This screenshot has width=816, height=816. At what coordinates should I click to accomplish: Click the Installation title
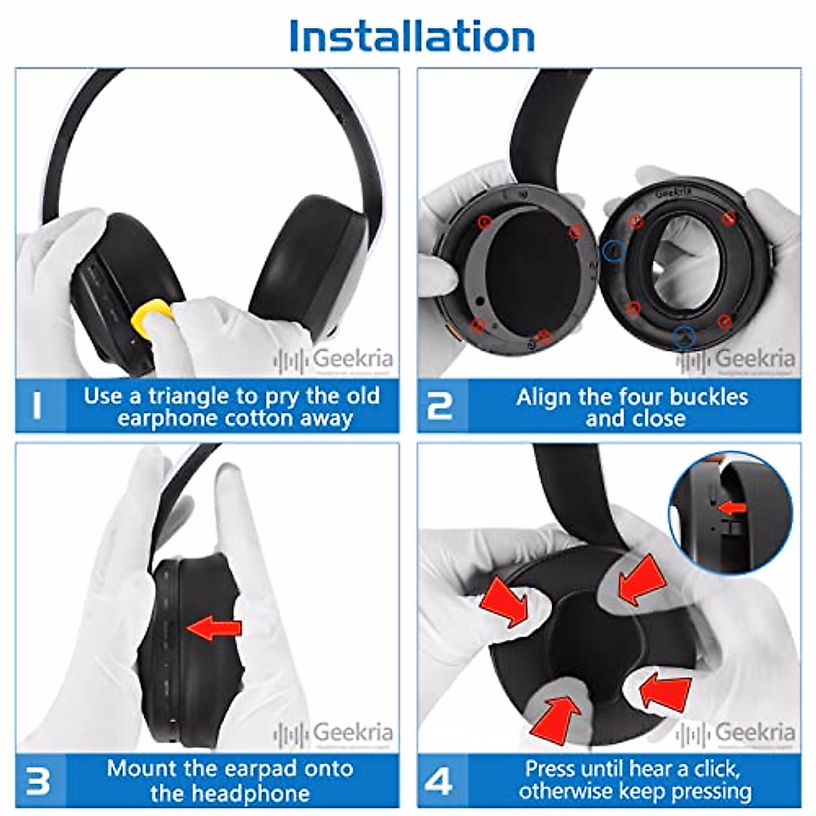(x=411, y=35)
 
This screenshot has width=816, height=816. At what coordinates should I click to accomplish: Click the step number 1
(x=37, y=406)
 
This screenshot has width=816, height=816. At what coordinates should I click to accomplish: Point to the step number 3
(x=37, y=781)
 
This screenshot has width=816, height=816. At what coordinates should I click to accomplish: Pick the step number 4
(x=440, y=781)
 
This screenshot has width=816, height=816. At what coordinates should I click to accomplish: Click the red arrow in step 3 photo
(x=214, y=628)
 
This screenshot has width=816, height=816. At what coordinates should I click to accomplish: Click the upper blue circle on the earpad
(x=614, y=251)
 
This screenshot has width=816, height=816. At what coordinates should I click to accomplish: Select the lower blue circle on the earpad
(x=683, y=335)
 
